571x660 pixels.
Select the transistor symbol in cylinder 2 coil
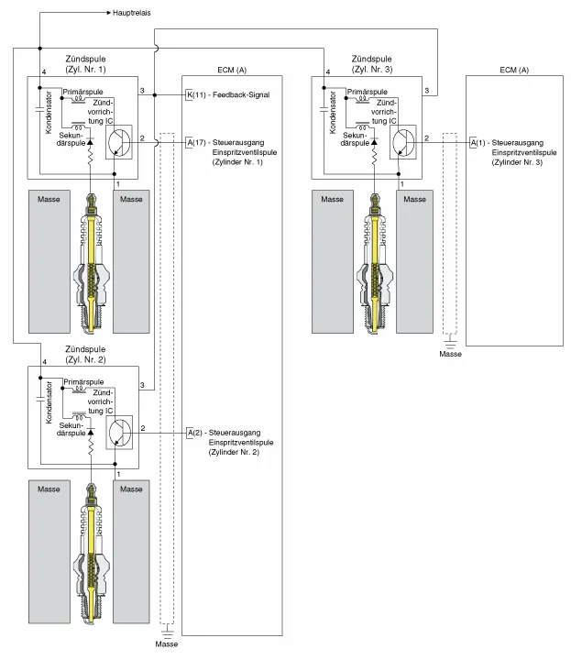[x=120, y=430]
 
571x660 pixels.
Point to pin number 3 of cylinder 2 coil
[x=142, y=384]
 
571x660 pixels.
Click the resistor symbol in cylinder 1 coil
[x=92, y=159]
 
